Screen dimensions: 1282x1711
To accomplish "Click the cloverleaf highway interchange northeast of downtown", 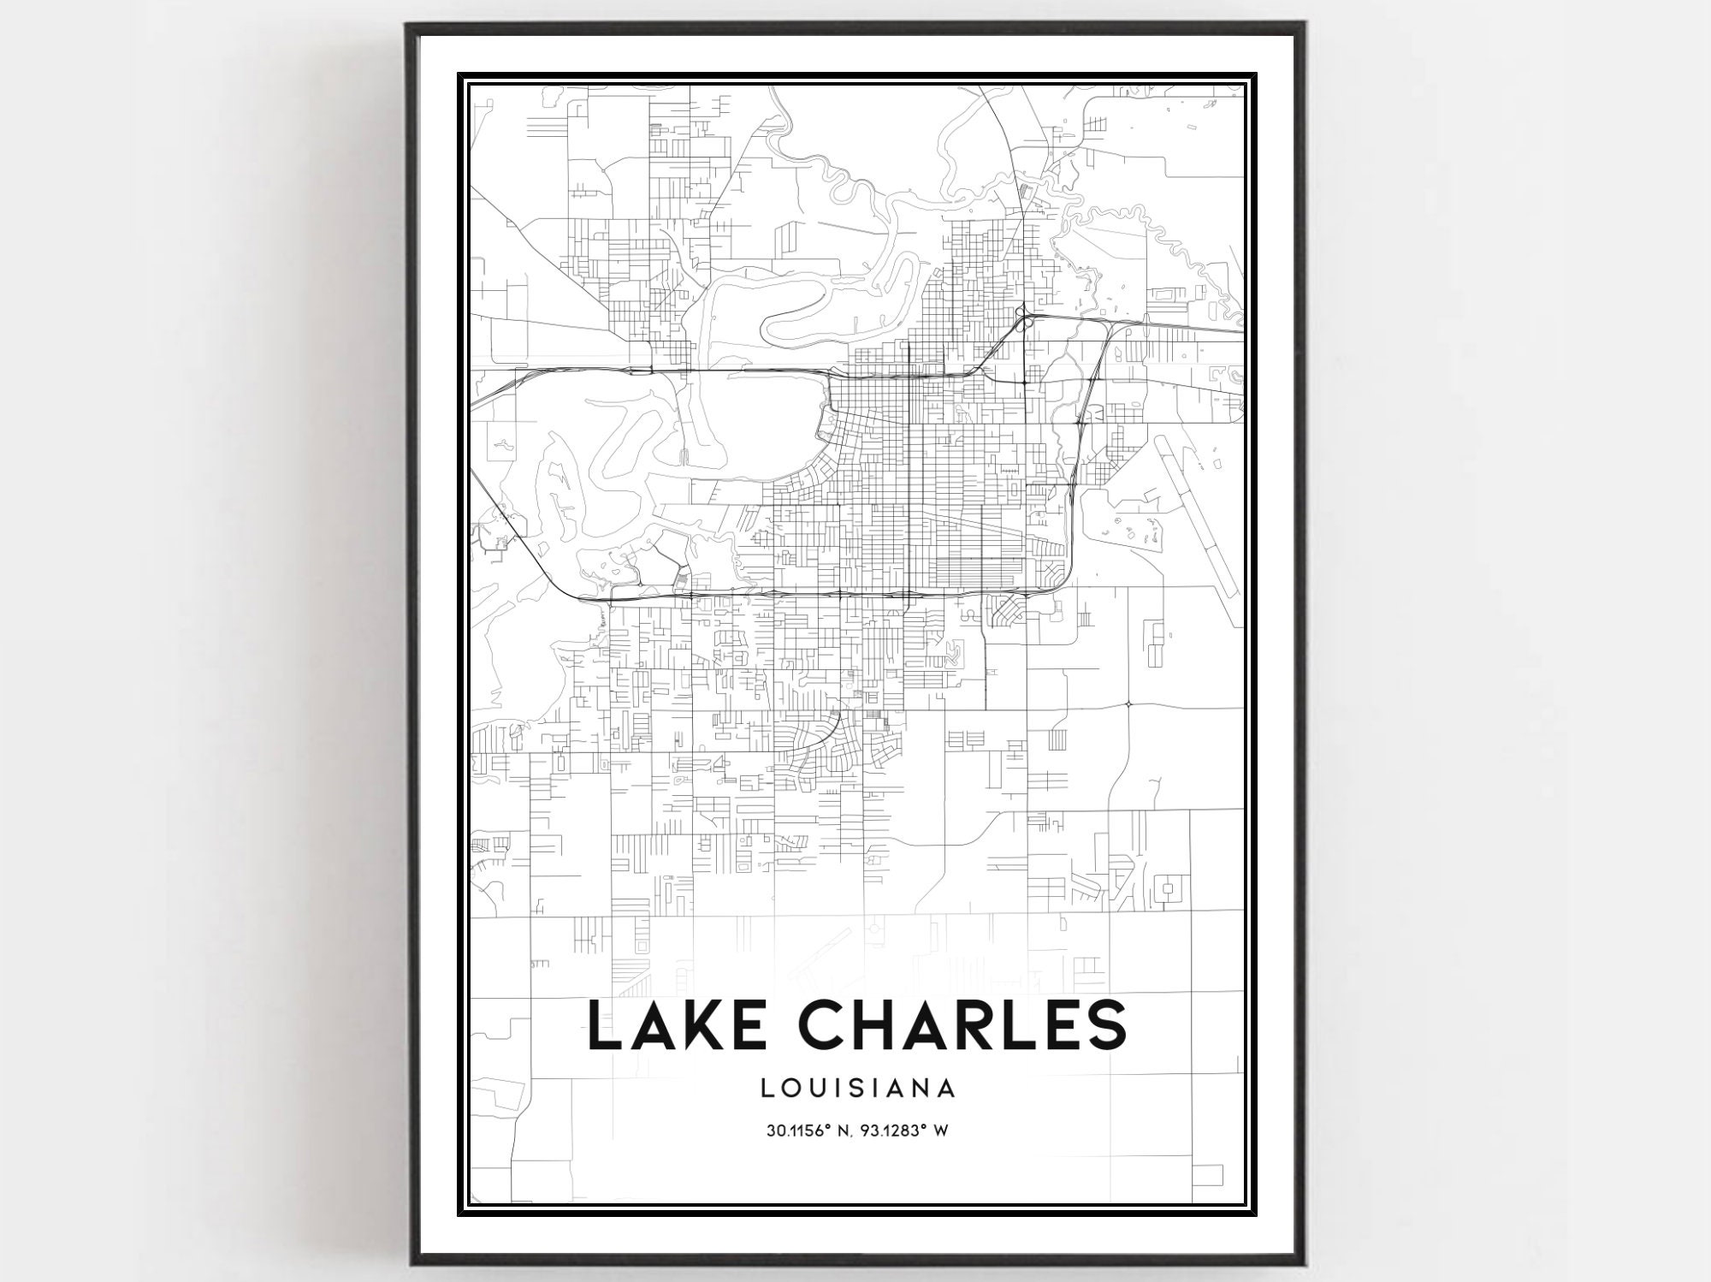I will click(x=1023, y=318).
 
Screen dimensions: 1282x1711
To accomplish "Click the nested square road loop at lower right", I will click(x=1165, y=891).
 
